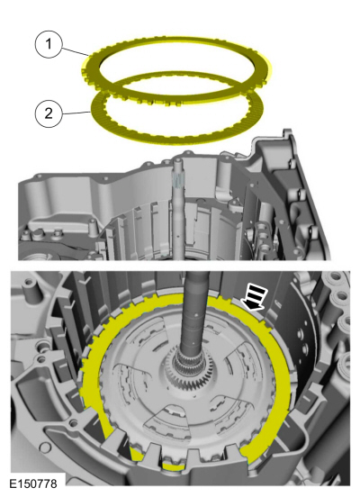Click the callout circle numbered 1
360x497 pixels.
49,44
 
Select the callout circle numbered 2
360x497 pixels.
49,113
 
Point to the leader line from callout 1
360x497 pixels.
75,51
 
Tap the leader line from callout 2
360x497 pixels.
76,113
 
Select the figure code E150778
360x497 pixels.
33,483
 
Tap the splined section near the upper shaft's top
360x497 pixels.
178,180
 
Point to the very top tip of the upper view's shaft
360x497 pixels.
176,158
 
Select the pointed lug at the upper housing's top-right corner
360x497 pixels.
287,132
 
